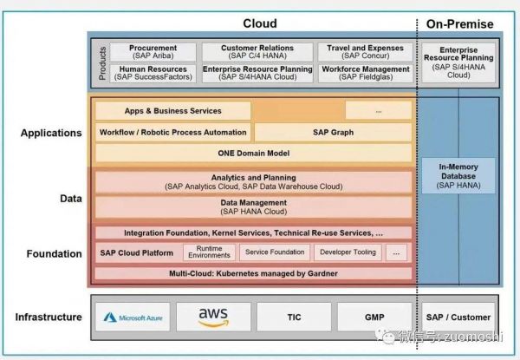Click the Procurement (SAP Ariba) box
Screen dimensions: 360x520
[153, 52]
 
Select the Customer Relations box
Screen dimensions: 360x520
[257, 52]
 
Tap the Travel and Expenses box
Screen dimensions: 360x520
[365, 52]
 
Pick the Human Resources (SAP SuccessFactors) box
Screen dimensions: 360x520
[153, 74]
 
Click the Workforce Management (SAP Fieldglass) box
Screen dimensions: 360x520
[365, 74]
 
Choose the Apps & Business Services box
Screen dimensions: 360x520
[172, 111]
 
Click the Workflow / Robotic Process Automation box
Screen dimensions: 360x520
[172, 133]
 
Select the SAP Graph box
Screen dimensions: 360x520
[333, 133]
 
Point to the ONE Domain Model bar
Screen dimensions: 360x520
[252, 154]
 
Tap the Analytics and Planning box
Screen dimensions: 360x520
[252, 181]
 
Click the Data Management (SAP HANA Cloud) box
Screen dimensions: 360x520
[252, 206]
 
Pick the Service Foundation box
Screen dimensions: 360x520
[275, 252]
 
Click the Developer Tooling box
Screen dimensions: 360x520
[348, 252]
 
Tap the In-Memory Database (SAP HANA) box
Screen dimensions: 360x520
[458, 173]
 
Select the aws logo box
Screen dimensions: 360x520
[212, 317]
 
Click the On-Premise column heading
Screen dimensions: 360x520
[458, 23]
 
